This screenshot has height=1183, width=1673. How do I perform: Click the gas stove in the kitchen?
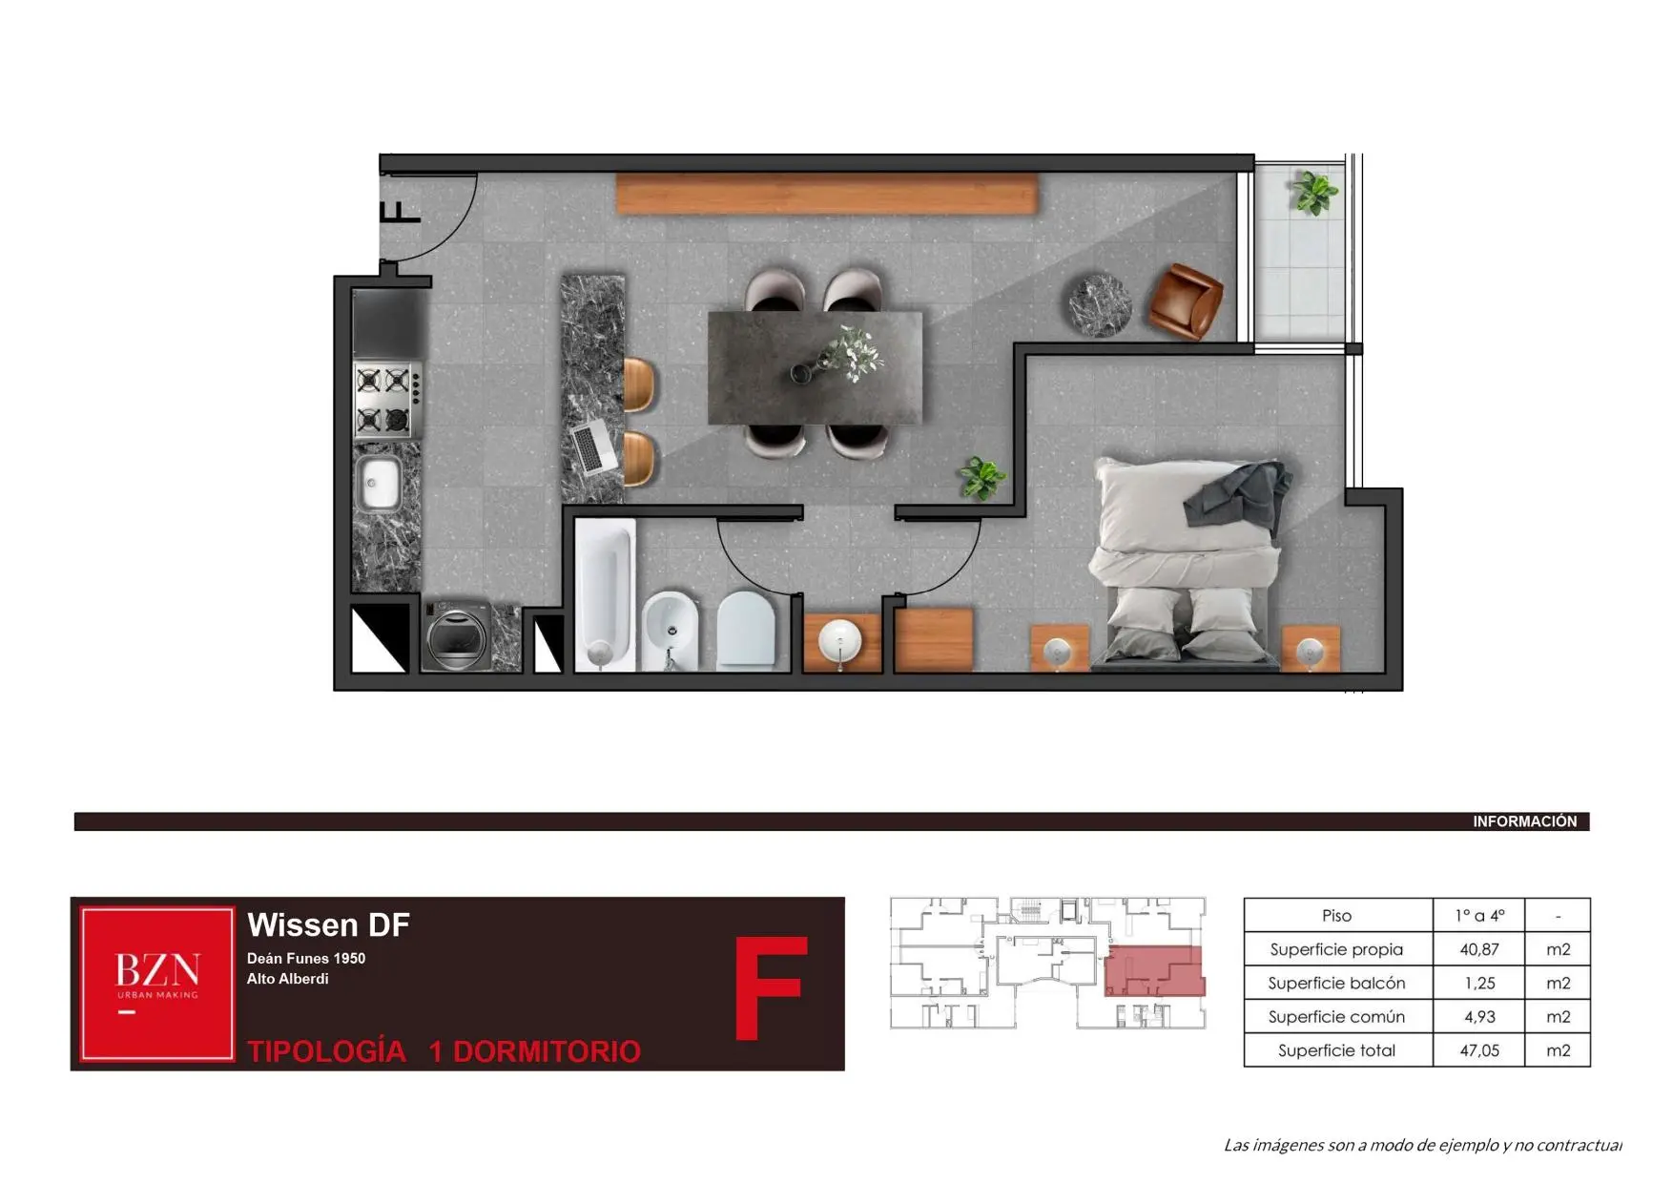click(386, 400)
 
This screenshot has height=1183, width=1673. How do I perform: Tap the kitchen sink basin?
click(379, 482)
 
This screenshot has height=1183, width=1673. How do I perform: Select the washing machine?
click(456, 635)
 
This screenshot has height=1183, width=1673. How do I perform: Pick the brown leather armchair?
click(1186, 301)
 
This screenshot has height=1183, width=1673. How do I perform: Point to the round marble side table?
click(1099, 305)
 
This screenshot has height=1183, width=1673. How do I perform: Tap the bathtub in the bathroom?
click(605, 594)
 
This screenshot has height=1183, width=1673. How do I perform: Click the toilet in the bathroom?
click(746, 631)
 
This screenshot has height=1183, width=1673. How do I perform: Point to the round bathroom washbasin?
click(840, 640)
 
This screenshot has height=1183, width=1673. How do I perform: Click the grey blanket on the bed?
click(1236, 493)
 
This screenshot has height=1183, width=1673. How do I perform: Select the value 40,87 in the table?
click(1478, 949)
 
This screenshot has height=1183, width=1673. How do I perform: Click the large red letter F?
click(771, 988)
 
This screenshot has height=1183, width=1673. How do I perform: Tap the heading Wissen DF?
click(328, 924)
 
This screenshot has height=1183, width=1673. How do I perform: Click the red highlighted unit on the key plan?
click(1154, 971)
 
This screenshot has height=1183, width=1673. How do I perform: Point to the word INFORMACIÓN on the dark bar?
click(1524, 821)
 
